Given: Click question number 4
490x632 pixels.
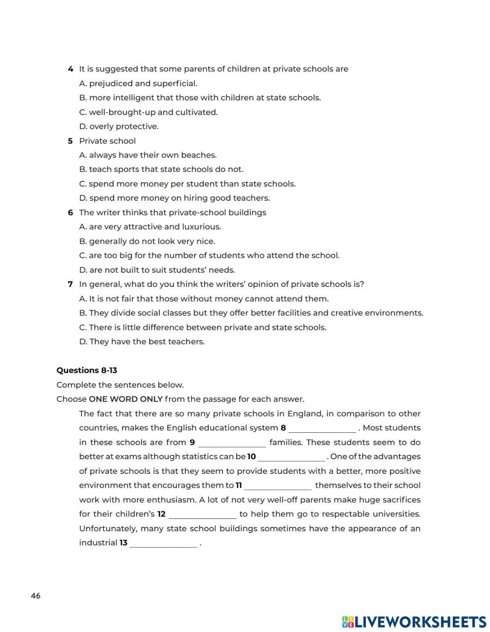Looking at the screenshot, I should pos(71,69).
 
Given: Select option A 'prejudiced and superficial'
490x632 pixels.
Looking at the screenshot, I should pos(138,84).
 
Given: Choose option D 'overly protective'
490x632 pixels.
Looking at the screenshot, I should pos(119,126).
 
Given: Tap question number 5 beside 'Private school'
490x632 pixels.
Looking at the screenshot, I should pos(71,141).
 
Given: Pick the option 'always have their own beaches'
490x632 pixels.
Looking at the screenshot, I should pos(147,155).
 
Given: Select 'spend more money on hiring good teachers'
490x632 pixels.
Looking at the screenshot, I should pos(174,198).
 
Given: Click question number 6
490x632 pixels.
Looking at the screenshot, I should pos(71,212).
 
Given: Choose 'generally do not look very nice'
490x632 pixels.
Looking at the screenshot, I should pos(147,241).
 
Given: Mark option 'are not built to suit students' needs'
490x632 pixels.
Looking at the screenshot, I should pos(157,270).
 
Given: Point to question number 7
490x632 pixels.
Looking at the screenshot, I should pos(71,284).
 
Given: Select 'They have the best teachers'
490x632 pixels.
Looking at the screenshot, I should pos(142,342).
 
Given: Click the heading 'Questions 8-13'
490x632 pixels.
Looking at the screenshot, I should pos(87,371).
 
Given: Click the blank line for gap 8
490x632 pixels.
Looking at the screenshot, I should pos(322,429).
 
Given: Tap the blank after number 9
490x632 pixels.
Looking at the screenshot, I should pos(232,443).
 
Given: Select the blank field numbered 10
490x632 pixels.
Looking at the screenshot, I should pos(291,457).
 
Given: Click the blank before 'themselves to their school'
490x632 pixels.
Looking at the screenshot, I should pos(277,486).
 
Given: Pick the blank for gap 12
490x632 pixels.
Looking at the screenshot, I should pos(202,515).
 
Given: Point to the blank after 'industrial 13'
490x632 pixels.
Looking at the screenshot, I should pos(163,543).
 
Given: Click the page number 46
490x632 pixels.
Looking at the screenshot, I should pos(36,596).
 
